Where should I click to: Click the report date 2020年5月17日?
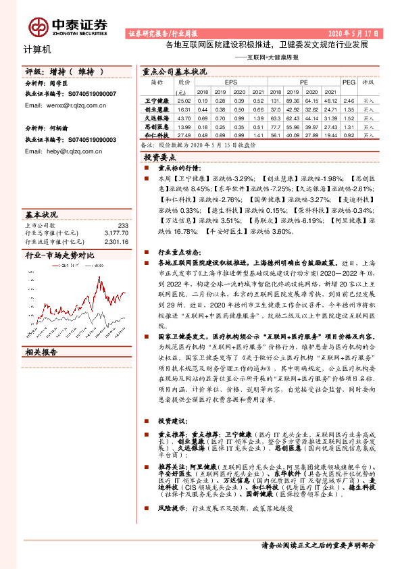pos(355,32)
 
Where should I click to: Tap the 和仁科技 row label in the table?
pos(156,135)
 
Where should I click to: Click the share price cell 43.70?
pos(183,118)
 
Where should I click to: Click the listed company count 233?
pos(122,225)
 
